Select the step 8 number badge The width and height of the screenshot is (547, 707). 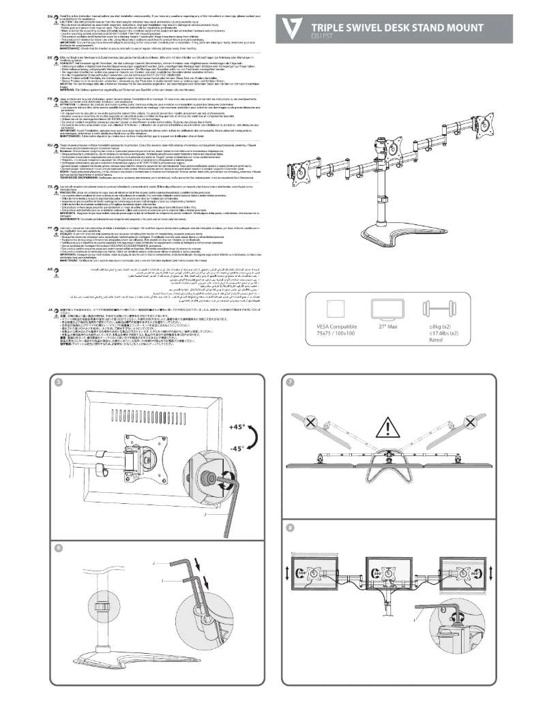coord(291,527)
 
